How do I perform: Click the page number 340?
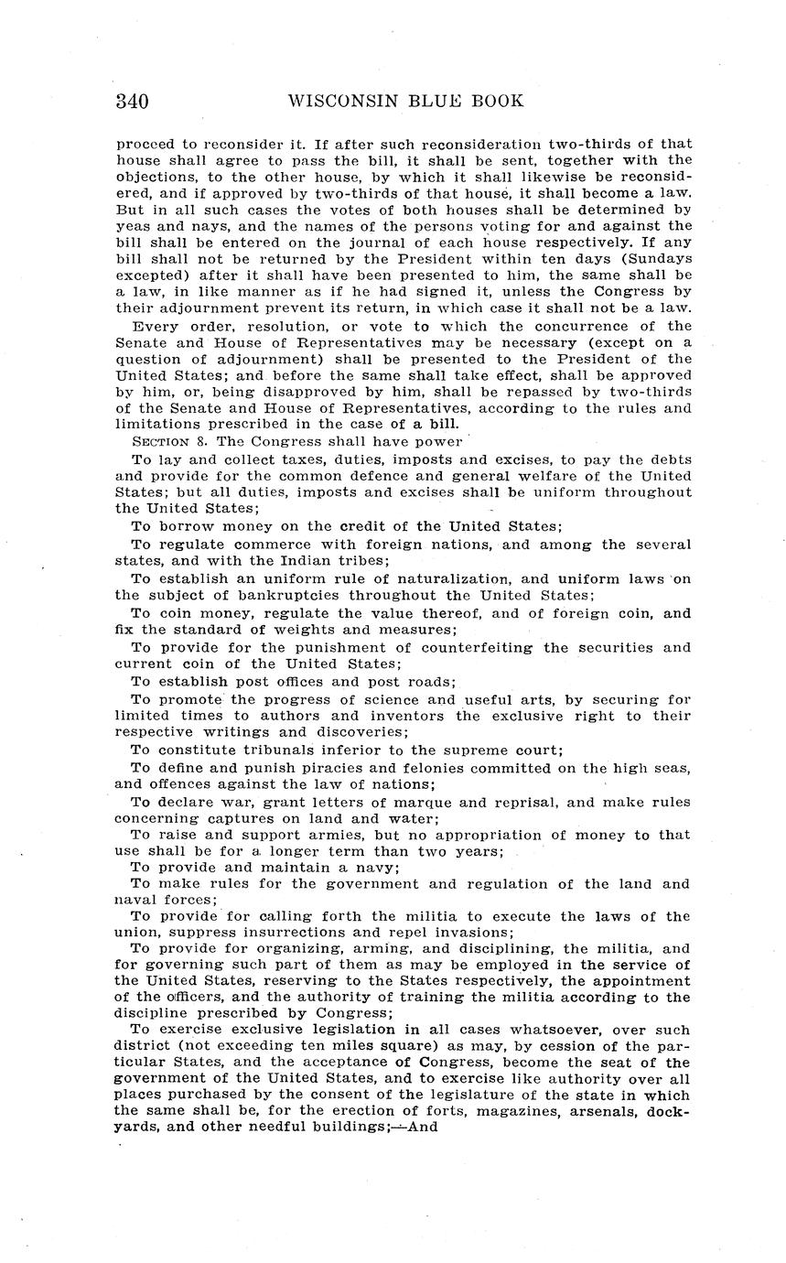pos(133,102)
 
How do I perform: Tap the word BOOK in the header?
pos(494,102)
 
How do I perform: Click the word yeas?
pos(134,225)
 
